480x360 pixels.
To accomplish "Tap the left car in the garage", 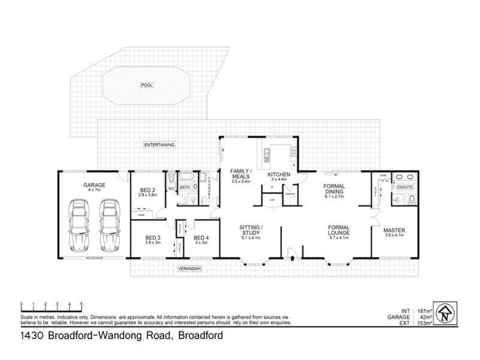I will click(79, 225).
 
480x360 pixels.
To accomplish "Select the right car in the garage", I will click(109, 225).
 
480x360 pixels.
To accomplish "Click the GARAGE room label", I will click(94, 185).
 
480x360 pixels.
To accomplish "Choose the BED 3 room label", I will click(153, 239).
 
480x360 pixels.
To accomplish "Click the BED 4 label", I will click(201, 239).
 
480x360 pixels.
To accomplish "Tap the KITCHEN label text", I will click(279, 175).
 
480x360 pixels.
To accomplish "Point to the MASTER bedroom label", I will click(394, 230).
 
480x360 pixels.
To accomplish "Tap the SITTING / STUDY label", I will click(251, 230).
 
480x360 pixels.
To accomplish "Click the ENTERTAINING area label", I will click(159, 145).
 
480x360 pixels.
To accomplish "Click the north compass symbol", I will click(445, 313).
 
